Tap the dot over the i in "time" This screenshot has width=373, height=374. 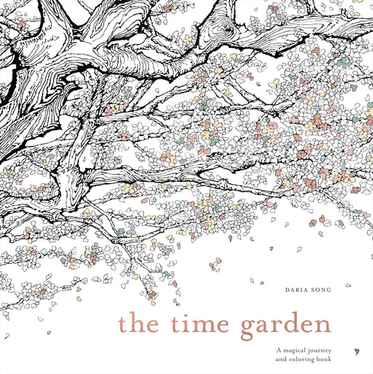(x=191, y=314)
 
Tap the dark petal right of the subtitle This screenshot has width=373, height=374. (x=356, y=351)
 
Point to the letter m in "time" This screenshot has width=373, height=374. (x=209, y=326)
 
